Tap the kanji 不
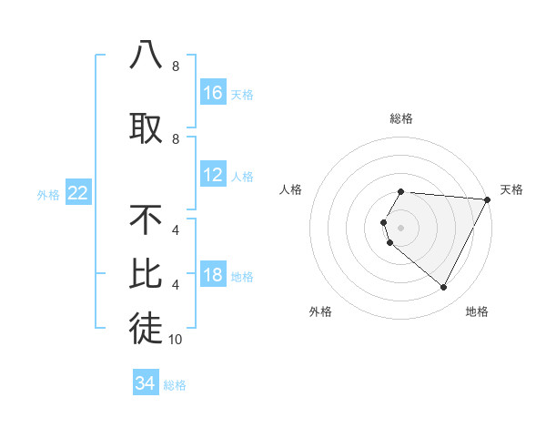pyautogui.click(x=146, y=219)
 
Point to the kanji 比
pyautogui.click(x=146, y=274)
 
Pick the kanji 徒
pyautogui.click(x=146, y=329)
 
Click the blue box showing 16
pyautogui.click(x=213, y=92)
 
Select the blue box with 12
pyautogui.click(x=213, y=175)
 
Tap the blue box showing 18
pyautogui.click(x=213, y=276)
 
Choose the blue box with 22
pyautogui.click(x=78, y=193)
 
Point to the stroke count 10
pyautogui.click(x=176, y=340)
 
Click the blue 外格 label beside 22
pyautogui.click(x=48, y=194)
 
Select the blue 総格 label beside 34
pyautogui.click(x=175, y=384)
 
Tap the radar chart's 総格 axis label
pyautogui.click(x=401, y=118)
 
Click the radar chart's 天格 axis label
pyautogui.click(x=511, y=189)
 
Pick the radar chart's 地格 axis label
pyautogui.click(x=477, y=311)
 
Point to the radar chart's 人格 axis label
pyautogui.click(x=291, y=189)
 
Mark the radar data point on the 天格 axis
pyautogui.click(x=488, y=199)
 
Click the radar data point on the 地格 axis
pyautogui.click(x=444, y=288)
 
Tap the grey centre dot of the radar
pyautogui.click(x=401, y=227)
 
